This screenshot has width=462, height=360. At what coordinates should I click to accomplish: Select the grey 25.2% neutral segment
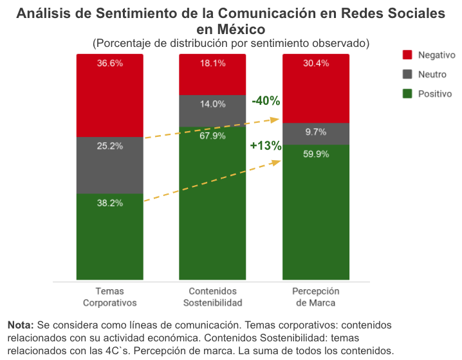[x=110, y=165]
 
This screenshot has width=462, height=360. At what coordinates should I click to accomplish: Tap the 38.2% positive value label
[x=110, y=203]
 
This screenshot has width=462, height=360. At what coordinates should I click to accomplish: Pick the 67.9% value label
[x=212, y=136]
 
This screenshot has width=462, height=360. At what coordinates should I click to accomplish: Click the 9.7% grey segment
[x=316, y=133]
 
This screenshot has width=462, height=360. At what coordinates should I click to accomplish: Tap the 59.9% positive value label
[x=316, y=154]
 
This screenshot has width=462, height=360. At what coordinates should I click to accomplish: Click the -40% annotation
[x=265, y=101]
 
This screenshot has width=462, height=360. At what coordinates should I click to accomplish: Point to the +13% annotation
[x=265, y=146]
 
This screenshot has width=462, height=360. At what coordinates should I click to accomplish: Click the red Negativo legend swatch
[x=407, y=55]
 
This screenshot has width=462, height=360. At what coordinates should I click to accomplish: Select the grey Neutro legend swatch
[x=407, y=75]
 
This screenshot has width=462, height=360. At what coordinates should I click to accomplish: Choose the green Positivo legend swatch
[x=407, y=94]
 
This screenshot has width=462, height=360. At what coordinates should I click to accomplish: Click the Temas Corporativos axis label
[x=110, y=297]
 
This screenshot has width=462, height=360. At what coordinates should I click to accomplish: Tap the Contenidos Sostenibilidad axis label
[x=212, y=297]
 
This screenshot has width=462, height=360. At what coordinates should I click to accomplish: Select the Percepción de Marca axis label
[x=316, y=297]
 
